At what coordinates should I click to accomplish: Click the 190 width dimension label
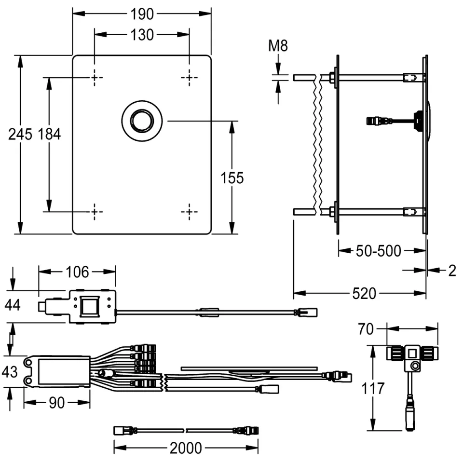point(142,14)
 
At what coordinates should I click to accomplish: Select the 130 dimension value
point(142,35)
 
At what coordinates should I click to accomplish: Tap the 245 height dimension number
point(20,135)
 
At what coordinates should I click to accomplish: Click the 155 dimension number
point(232,178)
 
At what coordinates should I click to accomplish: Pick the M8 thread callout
point(278,46)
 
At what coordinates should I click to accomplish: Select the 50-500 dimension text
point(378,251)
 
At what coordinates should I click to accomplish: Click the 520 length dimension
point(365,293)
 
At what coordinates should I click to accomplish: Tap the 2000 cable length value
point(186,448)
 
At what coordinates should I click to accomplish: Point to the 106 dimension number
point(77,272)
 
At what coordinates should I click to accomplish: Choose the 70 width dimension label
point(366,329)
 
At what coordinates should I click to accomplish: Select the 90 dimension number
point(57,403)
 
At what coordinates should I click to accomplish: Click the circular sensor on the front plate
point(142,121)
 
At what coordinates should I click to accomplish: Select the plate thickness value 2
point(451,271)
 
